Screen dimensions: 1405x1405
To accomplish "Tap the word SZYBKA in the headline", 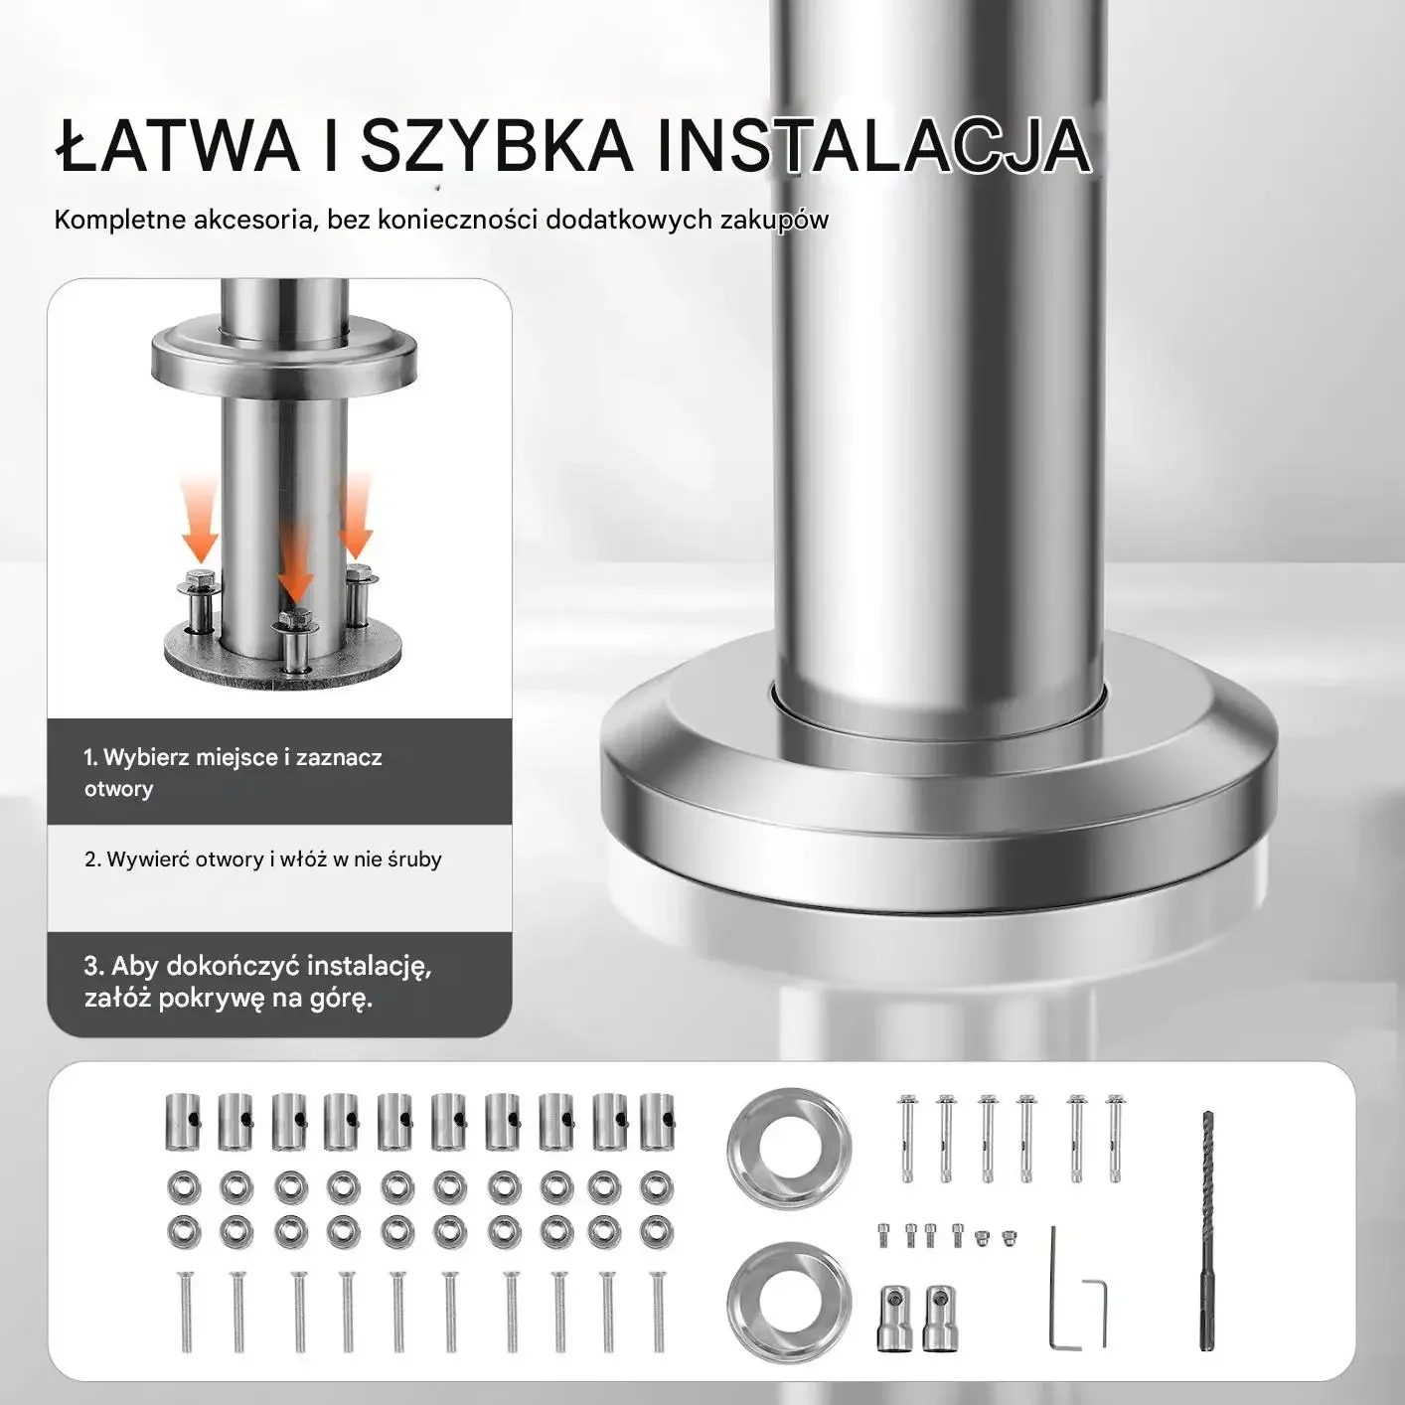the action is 495,148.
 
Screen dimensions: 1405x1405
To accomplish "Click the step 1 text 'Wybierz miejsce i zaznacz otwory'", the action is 233,773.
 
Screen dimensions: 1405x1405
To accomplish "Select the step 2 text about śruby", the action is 263,859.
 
